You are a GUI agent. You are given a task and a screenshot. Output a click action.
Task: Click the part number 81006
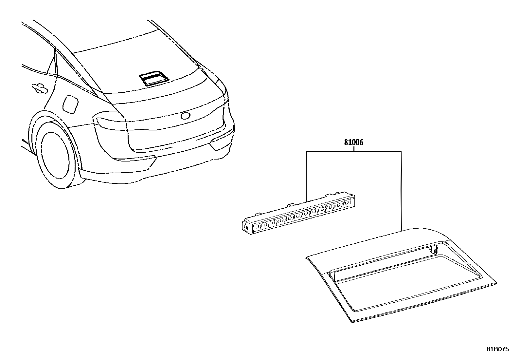point(353,142)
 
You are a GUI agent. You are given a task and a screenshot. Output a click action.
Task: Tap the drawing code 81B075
point(498,350)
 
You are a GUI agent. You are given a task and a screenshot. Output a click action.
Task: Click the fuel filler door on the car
point(70,104)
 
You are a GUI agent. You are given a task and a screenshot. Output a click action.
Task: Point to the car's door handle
point(40,88)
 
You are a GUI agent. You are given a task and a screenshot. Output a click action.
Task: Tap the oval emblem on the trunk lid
point(186,116)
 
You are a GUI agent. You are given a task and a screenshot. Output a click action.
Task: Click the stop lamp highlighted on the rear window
point(154,79)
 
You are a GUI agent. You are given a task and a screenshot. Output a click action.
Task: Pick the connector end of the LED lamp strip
point(247,227)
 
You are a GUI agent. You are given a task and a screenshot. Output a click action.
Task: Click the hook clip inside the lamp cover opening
point(433,250)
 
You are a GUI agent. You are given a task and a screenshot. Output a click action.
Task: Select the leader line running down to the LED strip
point(306,176)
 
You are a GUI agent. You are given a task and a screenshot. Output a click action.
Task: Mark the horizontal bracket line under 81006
point(353,151)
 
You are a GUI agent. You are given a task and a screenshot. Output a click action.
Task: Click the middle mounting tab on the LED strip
point(290,205)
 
